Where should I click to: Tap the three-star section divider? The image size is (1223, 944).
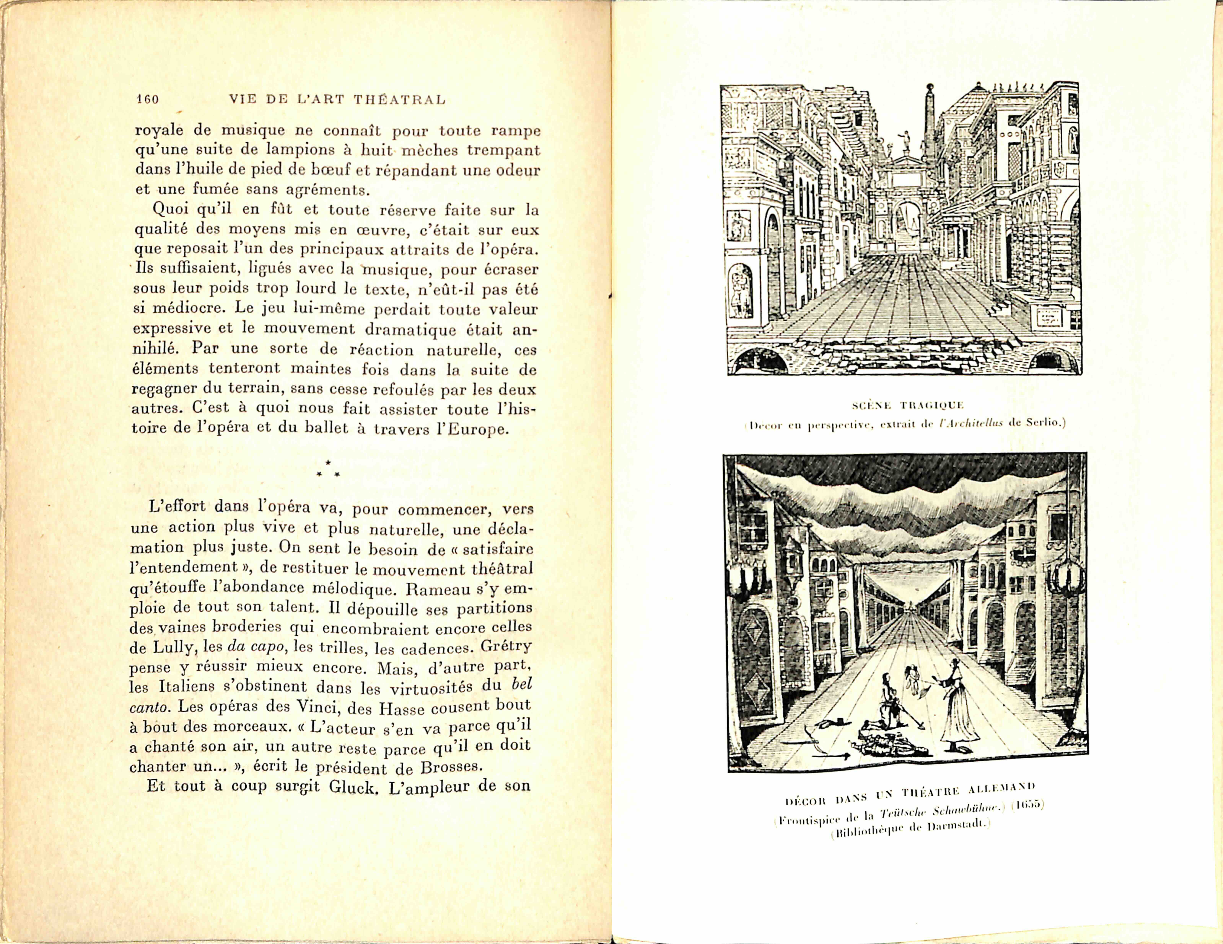pos(328,470)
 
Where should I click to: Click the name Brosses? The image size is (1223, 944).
pos(445,767)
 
